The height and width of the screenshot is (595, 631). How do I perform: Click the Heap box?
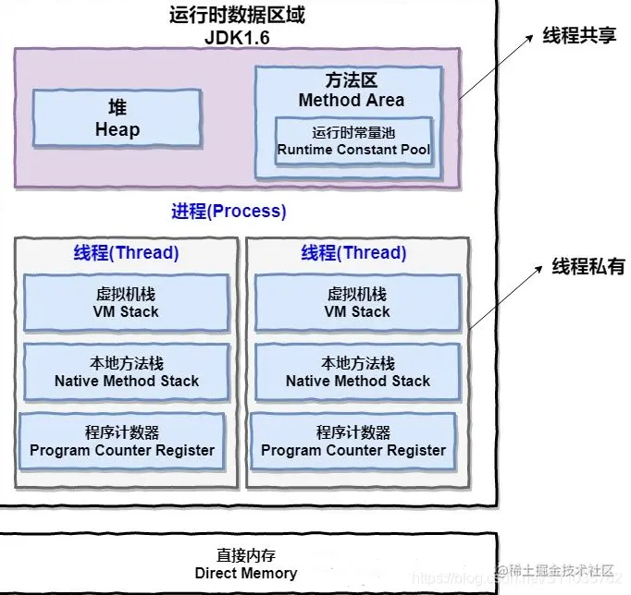[118, 118]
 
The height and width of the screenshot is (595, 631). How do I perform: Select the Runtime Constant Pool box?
[353, 140]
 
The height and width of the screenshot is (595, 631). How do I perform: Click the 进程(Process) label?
[229, 211]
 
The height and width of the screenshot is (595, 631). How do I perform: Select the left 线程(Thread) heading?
[127, 253]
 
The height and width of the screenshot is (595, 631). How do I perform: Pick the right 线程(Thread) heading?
[353, 253]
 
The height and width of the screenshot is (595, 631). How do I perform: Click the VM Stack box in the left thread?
[127, 303]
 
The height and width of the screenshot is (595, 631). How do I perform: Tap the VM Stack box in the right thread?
[357, 303]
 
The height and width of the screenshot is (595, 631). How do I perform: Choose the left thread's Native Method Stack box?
[127, 371]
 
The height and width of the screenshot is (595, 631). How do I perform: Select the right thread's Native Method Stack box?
[357, 371]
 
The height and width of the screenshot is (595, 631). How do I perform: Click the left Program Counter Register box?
[121, 441]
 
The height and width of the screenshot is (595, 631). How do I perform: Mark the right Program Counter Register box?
[353, 441]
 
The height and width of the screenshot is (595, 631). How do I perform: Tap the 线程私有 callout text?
[588, 267]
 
